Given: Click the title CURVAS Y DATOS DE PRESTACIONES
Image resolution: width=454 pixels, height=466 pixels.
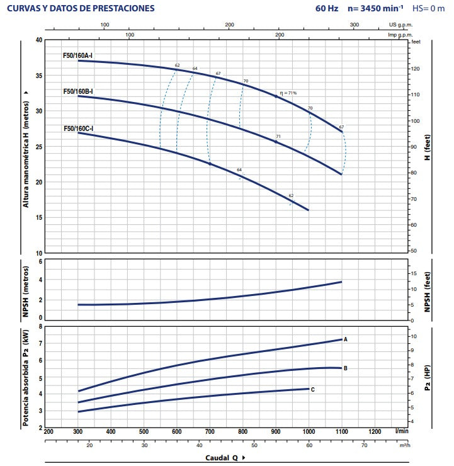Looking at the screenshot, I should tap(80, 9).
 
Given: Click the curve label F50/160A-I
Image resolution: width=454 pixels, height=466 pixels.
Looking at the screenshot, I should tap(78, 55).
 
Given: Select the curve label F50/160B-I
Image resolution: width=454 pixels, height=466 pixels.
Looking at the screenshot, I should tap(78, 91).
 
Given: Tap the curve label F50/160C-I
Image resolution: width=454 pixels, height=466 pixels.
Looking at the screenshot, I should tap(78, 128).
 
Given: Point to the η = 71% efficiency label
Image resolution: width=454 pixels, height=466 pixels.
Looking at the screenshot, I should tap(288, 93).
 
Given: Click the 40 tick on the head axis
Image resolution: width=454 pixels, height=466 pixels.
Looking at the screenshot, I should tap(38, 40).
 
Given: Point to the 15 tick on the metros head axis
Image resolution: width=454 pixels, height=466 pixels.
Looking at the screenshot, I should tap(38, 218).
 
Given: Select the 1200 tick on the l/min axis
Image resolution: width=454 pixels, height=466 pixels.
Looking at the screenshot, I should tap(375, 431).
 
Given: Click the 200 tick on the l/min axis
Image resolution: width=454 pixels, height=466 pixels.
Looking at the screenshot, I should tap(48, 431).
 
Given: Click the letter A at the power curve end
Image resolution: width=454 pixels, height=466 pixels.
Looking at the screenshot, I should tap(346, 339).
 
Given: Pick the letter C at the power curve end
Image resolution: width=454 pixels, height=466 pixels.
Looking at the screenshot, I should tap(312, 389).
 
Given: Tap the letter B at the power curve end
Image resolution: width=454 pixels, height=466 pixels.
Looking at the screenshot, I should tap(346, 368).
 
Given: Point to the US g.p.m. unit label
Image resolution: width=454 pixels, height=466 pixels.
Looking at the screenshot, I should tap(400, 25).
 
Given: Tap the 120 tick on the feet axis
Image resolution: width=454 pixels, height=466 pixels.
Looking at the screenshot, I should tap(416, 68).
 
